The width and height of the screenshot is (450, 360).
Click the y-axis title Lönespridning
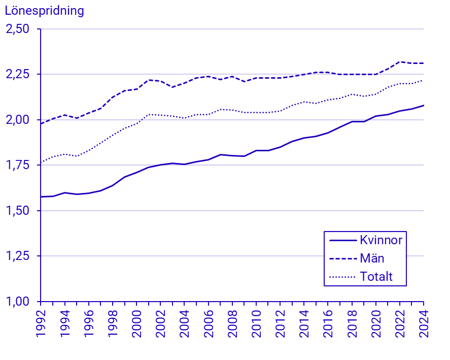tap(44, 11)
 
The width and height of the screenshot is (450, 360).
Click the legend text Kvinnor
tap(380, 240)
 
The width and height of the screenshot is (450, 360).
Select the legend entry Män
tap(372, 258)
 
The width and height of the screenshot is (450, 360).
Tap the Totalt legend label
tap(376, 277)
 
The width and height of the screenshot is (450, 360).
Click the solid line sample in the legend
tap(342, 240)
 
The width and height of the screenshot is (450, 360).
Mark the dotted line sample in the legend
tap(342, 277)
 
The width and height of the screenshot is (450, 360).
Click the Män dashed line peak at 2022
tap(400, 62)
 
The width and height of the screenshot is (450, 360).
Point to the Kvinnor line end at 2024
tap(424, 105)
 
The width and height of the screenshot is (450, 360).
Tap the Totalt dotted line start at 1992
tap(41, 163)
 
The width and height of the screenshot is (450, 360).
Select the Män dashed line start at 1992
tap(41, 124)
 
